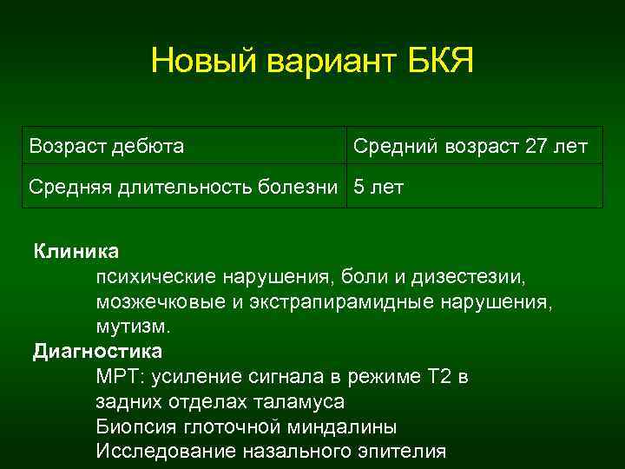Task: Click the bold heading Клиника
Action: point(76,252)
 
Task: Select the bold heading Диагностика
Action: point(97,352)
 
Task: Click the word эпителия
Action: point(398,452)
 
